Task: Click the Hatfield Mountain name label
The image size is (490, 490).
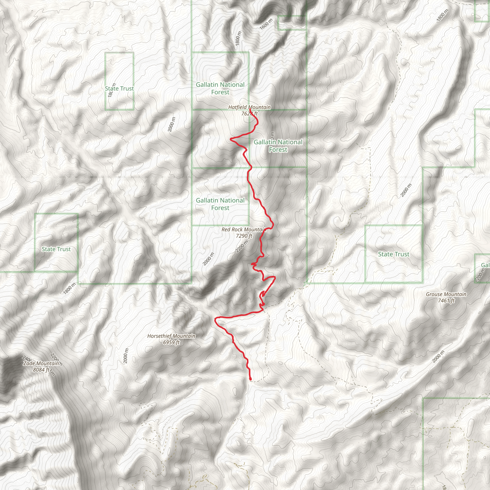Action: (x=249, y=107)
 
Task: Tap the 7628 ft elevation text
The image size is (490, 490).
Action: (x=249, y=114)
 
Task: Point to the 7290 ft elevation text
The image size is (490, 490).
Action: (x=244, y=236)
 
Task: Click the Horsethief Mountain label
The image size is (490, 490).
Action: (x=171, y=336)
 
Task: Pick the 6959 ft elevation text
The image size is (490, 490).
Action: (x=171, y=342)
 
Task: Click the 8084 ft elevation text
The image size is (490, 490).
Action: (x=41, y=370)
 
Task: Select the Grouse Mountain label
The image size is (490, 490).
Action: (x=446, y=294)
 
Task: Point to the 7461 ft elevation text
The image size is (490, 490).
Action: (x=446, y=301)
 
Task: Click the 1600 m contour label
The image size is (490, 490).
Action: (x=266, y=24)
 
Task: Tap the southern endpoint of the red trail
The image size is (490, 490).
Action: (x=251, y=379)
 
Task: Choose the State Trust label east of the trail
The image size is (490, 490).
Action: (x=394, y=254)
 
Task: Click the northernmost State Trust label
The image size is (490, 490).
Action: (x=119, y=89)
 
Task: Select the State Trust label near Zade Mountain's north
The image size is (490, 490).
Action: (x=56, y=249)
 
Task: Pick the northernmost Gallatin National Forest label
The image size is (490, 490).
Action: (x=220, y=88)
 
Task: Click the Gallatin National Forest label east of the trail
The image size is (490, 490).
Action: (x=278, y=146)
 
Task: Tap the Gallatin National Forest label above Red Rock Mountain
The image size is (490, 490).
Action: (x=220, y=204)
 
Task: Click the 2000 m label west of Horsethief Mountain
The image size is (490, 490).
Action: (x=126, y=356)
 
